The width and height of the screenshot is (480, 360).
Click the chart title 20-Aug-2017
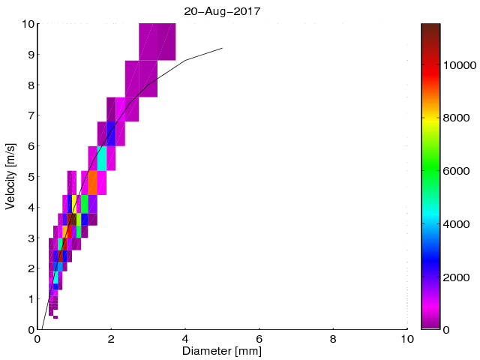(x=222, y=10)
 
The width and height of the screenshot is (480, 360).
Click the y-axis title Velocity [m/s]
(x=11, y=176)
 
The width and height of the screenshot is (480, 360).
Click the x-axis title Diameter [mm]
(x=222, y=350)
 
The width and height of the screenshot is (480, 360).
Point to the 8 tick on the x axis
(x=333, y=338)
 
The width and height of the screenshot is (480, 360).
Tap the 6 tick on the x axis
(x=259, y=338)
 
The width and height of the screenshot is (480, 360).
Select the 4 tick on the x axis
(x=185, y=338)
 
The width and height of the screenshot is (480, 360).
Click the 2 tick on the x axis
(x=111, y=338)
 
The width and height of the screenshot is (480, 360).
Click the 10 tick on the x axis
(x=406, y=338)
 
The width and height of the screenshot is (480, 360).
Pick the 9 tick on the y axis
(x=30, y=55)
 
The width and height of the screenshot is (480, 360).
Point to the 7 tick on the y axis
(x=30, y=115)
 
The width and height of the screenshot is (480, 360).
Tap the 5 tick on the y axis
(x=30, y=177)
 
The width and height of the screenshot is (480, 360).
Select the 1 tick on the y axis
(x=30, y=299)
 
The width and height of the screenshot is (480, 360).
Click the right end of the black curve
(x=222, y=48)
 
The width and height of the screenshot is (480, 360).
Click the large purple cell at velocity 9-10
(x=157, y=42)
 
